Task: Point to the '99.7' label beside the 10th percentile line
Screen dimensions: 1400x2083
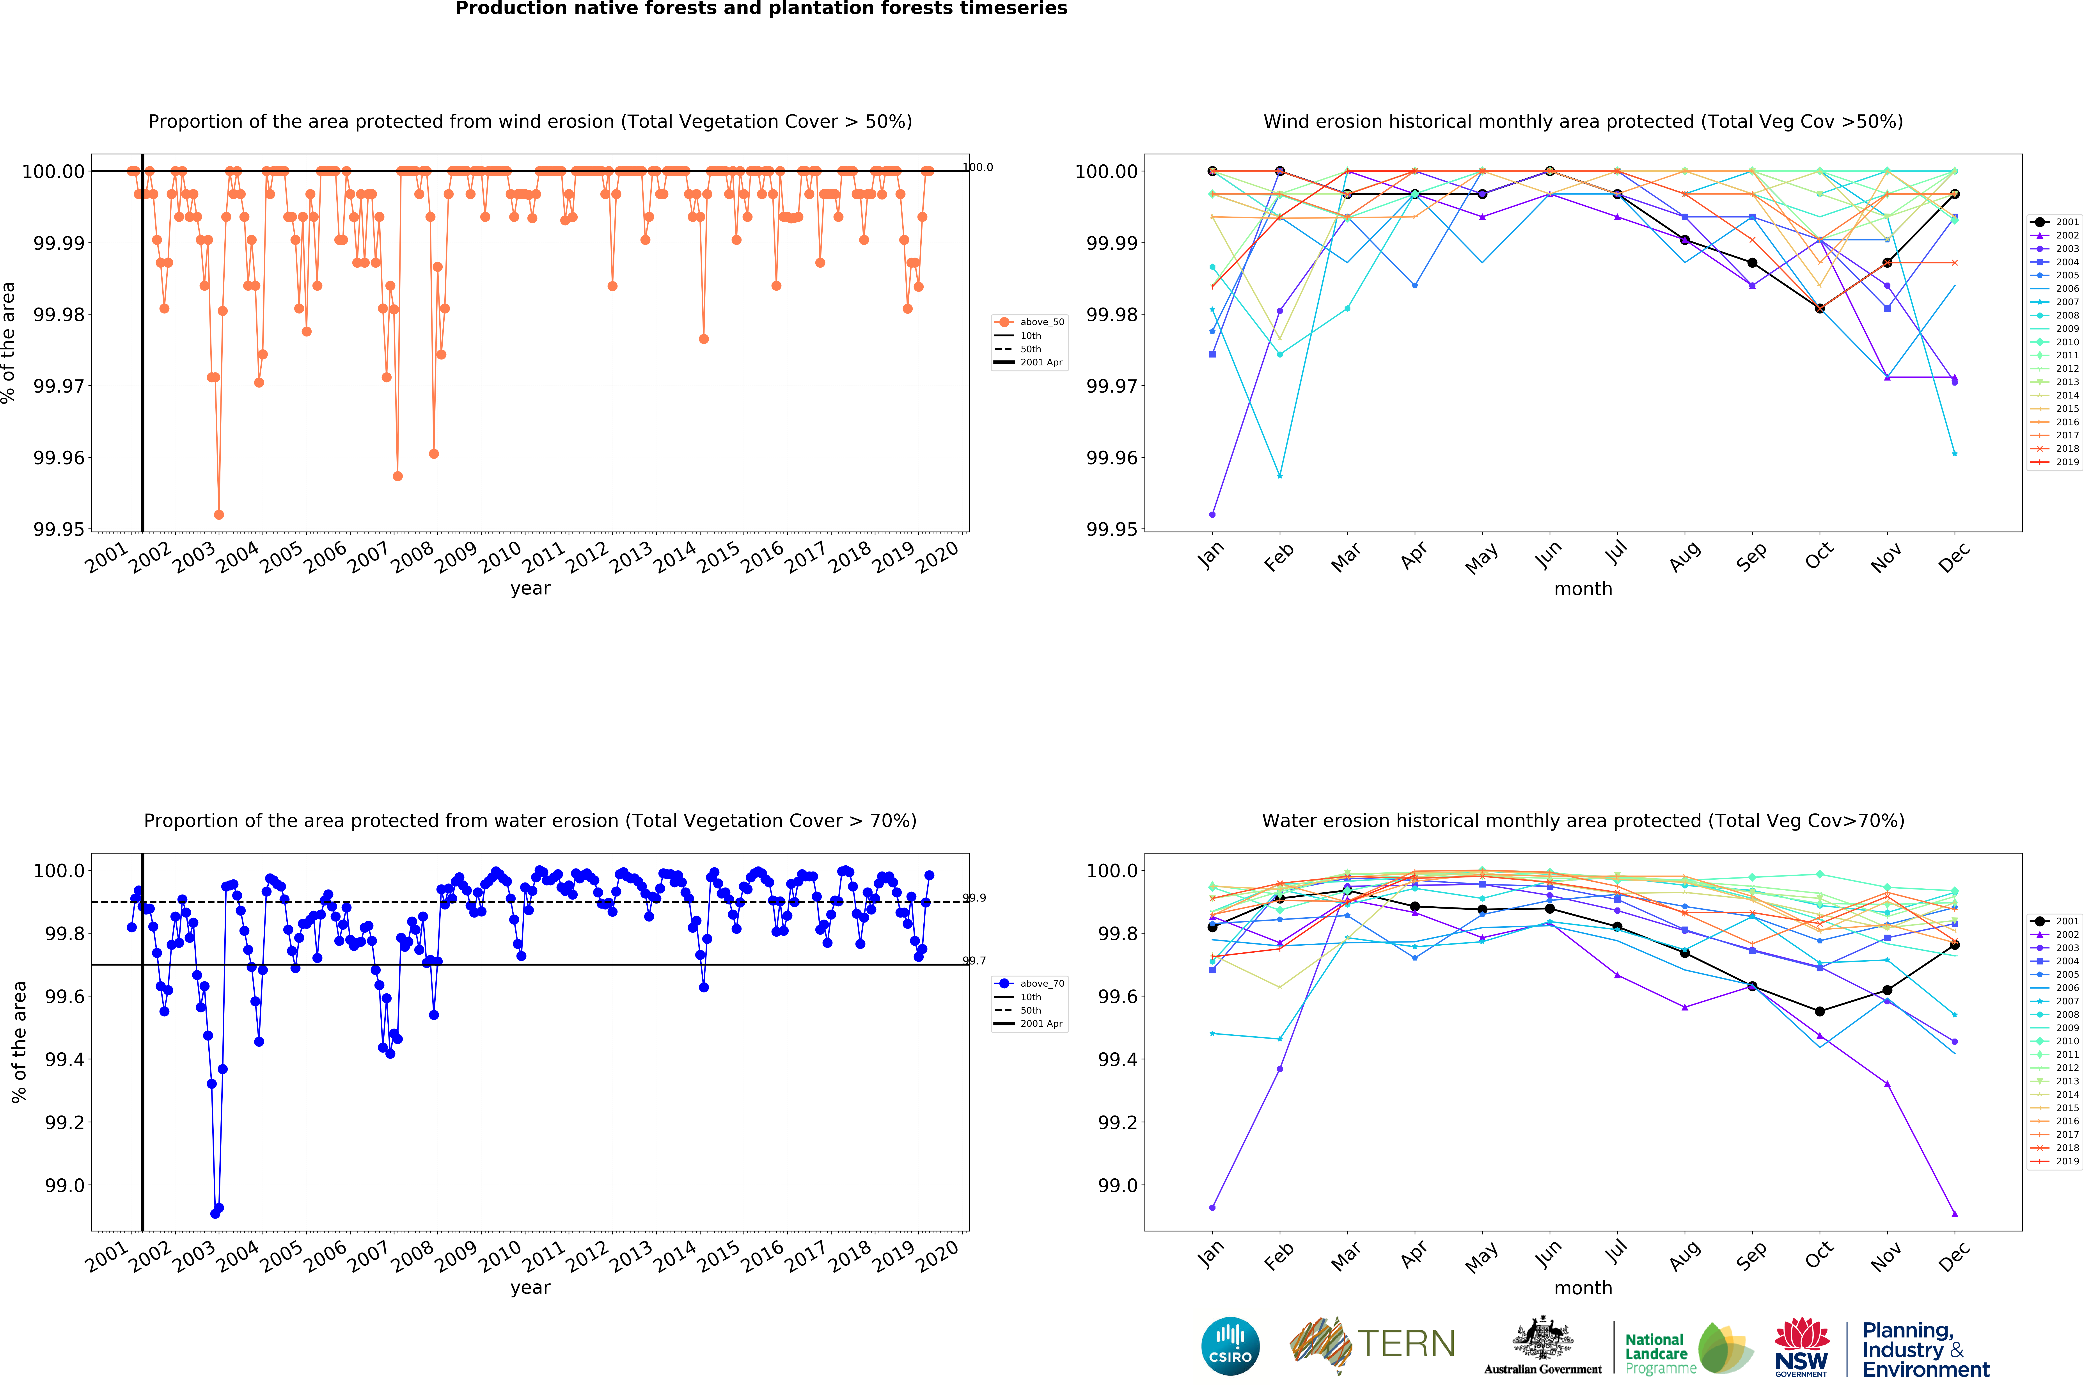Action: coord(975,961)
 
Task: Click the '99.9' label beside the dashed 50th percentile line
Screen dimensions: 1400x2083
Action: coord(975,898)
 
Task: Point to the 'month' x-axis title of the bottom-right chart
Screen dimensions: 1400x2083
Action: coord(1583,1288)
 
